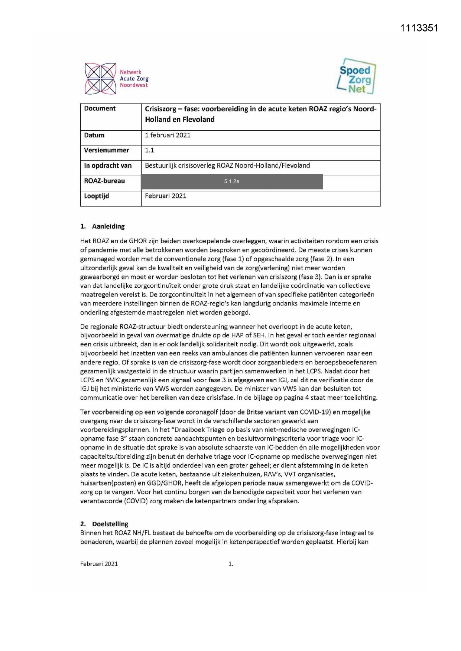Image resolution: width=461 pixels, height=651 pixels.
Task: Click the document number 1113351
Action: click(419, 28)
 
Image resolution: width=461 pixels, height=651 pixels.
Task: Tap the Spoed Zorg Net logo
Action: click(356, 77)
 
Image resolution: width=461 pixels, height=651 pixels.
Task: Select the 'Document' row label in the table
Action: click(100, 108)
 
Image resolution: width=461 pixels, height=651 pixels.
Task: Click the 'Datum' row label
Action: click(94, 135)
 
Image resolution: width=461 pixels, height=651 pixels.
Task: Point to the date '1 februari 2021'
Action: click(168, 135)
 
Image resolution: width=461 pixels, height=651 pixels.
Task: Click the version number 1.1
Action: click(149, 150)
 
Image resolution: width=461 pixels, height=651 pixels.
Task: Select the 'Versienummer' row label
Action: click(107, 150)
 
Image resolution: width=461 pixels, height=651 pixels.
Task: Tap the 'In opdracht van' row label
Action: click(108, 166)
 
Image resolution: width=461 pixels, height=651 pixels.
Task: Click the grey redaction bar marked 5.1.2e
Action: click(231, 182)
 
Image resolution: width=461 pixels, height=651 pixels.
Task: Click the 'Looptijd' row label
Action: click(97, 196)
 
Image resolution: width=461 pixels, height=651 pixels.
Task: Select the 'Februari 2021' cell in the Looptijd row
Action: click(166, 196)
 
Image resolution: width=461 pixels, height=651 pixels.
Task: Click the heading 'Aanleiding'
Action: click(108, 226)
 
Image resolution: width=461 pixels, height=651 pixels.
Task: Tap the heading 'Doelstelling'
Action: click(110, 524)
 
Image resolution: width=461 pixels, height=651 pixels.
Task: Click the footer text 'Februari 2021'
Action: click(99, 564)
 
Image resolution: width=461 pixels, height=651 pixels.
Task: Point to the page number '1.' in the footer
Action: click(231, 564)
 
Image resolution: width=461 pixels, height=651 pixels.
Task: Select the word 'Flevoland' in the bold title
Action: click(198, 120)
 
